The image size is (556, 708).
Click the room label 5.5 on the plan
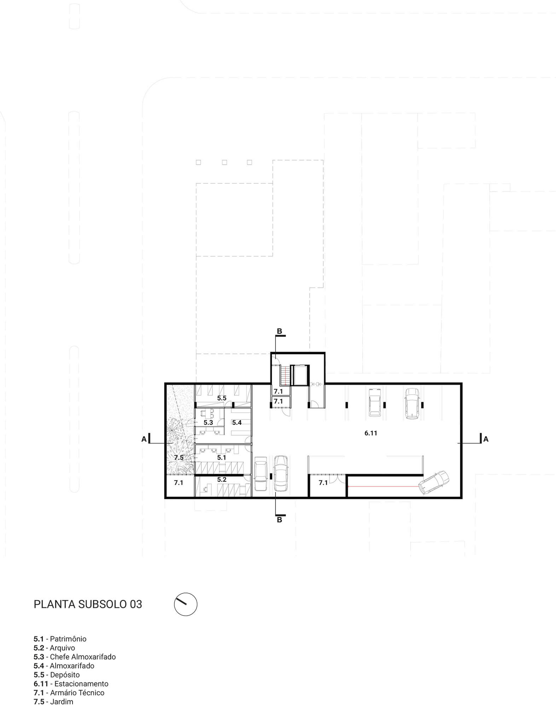pyautogui.click(x=222, y=398)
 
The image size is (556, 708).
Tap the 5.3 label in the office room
pyautogui.click(x=208, y=422)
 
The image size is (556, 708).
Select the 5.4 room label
pyautogui.click(x=237, y=422)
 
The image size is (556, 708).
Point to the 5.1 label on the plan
pyautogui.click(x=222, y=458)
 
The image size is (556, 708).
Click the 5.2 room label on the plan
pyautogui.click(x=222, y=480)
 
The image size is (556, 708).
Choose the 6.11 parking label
pyautogui.click(x=371, y=433)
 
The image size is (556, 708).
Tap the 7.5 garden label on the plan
pyautogui.click(x=179, y=458)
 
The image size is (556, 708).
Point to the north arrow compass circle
pyautogui.click(x=186, y=604)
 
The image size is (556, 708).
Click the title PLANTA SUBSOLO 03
pyautogui.click(x=88, y=604)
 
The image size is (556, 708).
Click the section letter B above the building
pyautogui.click(x=279, y=331)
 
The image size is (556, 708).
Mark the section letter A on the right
pyautogui.click(x=486, y=439)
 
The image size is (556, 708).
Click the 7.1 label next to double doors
pyautogui.click(x=323, y=483)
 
